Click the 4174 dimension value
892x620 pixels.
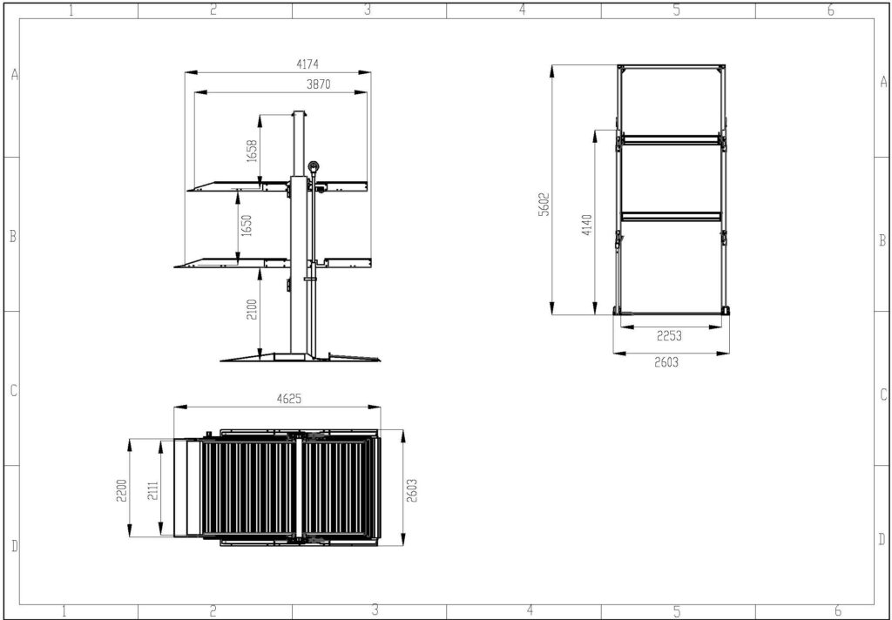tap(307, 64)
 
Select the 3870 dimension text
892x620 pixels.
tap(319, 84)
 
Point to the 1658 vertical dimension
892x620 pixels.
tap(253, 151)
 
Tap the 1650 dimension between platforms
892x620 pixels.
tap(246, 226)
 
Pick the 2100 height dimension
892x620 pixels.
tap(253, 309)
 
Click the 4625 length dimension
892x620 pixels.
tap(289, 399)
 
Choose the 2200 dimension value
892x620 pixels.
tap(121, 489)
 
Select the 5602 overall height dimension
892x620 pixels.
tap(544, 205)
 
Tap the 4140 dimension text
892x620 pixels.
tap(588, 225)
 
